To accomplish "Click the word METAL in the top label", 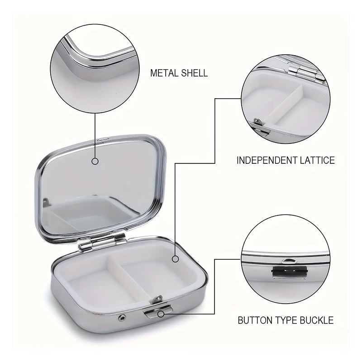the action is tap(164, 73).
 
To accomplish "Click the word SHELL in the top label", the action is tap(195, 73).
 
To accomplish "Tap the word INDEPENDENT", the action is tap(267, 160).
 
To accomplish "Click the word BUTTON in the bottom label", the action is tap(254, 320).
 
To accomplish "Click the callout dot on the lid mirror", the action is tap(95, 161).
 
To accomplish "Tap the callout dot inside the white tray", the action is tap(176, 259).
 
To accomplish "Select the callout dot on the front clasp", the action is tap(161, 314).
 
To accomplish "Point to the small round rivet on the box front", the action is tap(122, 318).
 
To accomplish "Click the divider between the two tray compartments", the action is tap(129, 279).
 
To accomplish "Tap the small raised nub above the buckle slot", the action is tap(289, 261).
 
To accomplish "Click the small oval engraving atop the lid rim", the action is tap(104, 139).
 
